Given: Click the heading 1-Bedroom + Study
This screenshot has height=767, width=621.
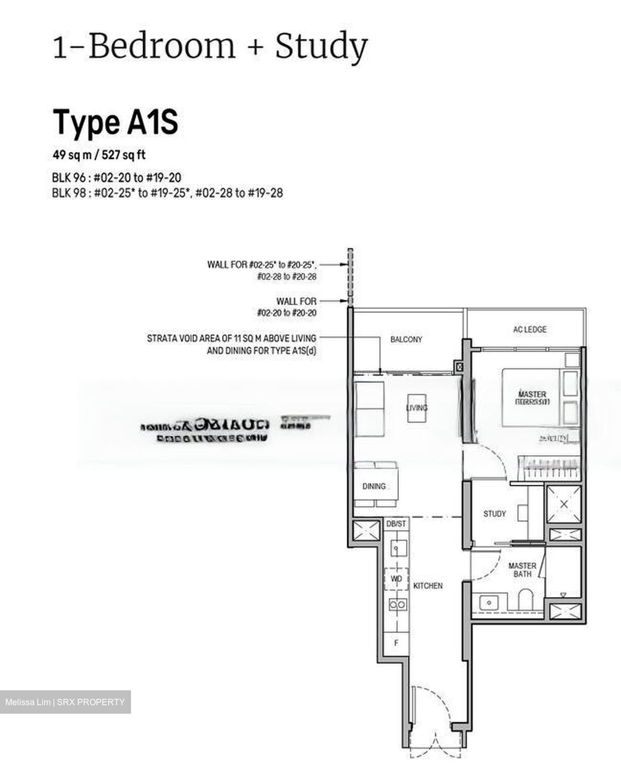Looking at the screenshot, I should coord(210,46).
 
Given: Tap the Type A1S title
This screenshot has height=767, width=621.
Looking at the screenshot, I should coord(115,122).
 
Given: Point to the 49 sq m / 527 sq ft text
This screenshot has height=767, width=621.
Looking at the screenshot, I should coord(99,155).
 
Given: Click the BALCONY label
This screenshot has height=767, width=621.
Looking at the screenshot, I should coord(406,339).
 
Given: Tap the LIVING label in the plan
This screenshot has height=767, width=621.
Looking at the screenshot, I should coord(416,408).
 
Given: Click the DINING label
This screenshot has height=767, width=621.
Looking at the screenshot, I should coord(374,486).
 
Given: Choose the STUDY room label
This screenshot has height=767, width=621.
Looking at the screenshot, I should coord(494,514).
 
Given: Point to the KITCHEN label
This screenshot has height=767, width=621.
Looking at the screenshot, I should coord(428,585).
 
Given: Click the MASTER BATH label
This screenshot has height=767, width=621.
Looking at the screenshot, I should coord(522,569).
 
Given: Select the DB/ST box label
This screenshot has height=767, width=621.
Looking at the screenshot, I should coord(396,524).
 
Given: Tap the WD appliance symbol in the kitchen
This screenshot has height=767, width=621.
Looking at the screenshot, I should coord(396,579).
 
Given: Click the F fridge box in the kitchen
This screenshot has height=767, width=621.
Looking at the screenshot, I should coord(396,643).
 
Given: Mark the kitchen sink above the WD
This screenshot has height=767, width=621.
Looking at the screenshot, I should coord(396,548).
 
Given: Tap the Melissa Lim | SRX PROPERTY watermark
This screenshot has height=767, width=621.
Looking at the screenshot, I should coord(65,702).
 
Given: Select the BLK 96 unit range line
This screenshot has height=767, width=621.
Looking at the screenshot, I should coord(116,178).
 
